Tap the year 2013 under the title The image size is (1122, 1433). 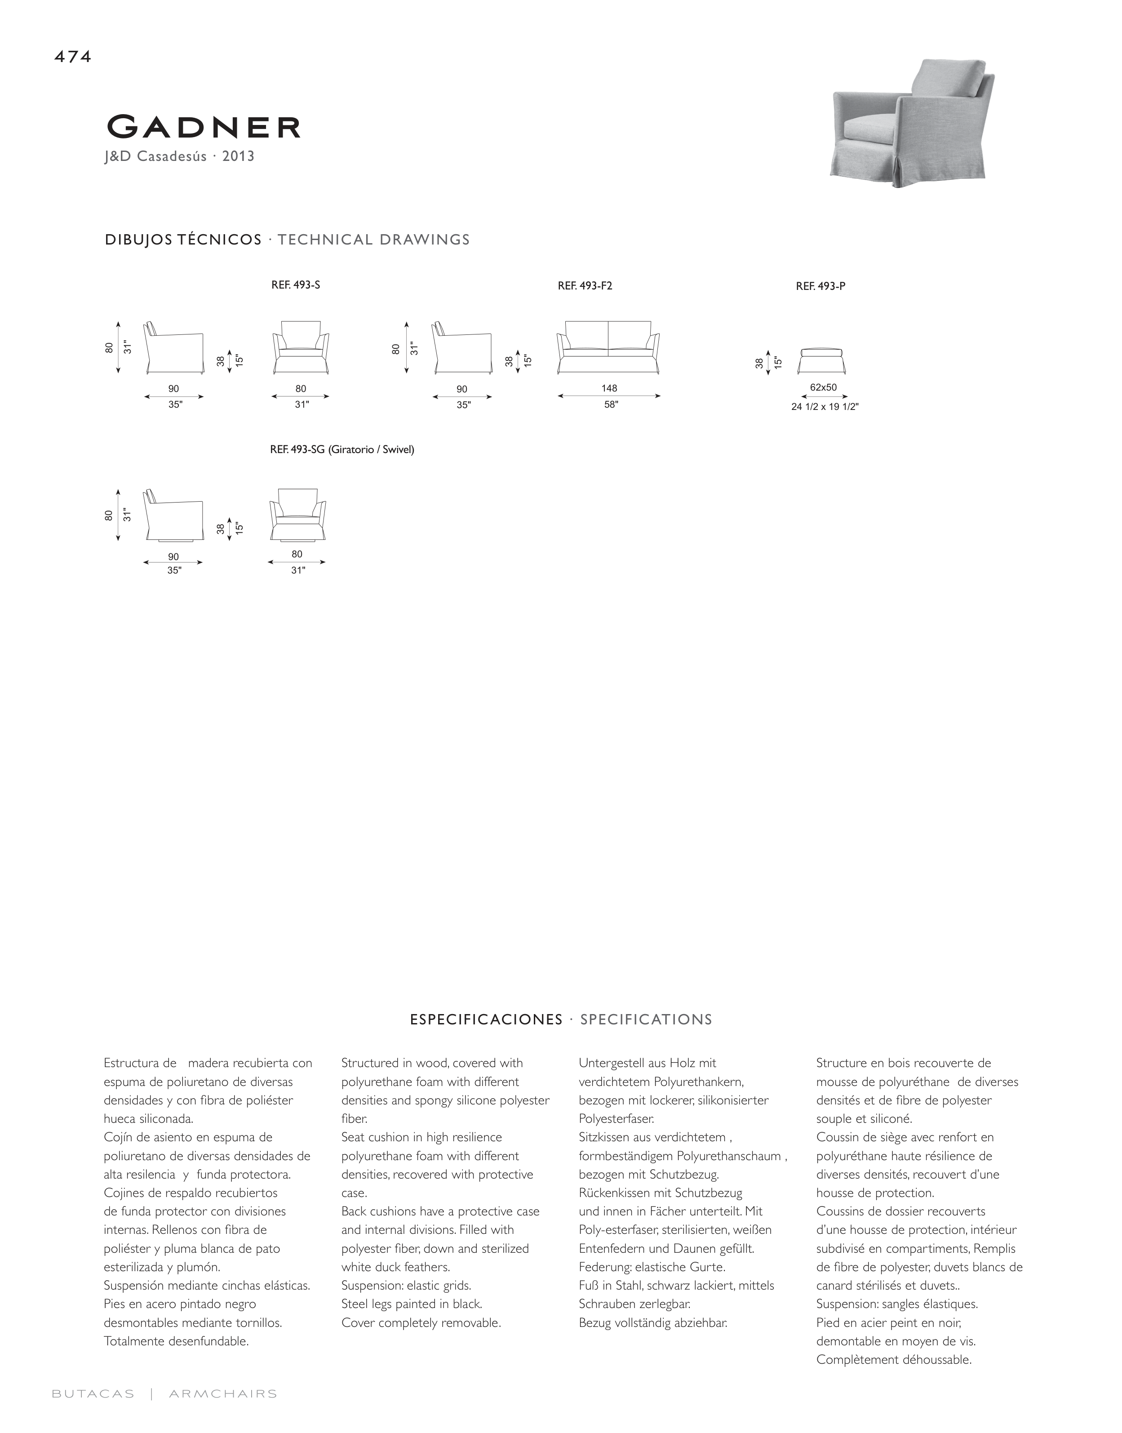[x=239, y=156]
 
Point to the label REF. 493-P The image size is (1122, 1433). [x=820, y=286]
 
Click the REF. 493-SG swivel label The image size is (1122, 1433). [x=341, y=450]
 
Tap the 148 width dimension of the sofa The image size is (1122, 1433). [x=609, y=388]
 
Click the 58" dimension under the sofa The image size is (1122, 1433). [x=611, y=405]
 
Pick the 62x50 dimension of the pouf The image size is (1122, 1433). [x=823, y=387]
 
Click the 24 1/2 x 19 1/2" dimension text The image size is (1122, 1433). [x=825, y=407]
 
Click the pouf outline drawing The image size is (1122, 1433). [x=822, y=360]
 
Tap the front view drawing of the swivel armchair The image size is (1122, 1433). [x=297, y=515]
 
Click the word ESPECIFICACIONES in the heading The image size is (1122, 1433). [x=486, y=1020]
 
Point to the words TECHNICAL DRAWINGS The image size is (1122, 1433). [x=374, y=240]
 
